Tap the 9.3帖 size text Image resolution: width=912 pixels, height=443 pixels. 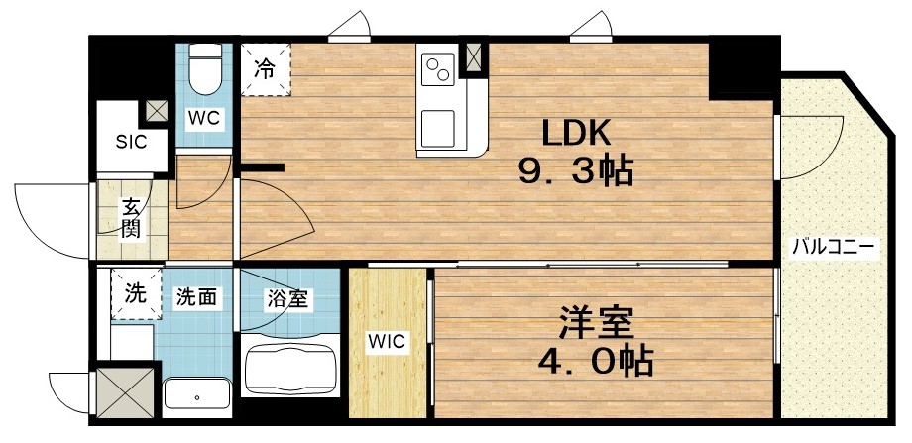pos(575,173)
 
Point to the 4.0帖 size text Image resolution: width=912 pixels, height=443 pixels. pos(596,362)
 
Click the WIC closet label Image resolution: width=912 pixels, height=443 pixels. pos(387,342)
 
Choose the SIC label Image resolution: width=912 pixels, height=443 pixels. pos(131,142)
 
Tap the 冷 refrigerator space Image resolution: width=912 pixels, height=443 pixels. pos(265,69)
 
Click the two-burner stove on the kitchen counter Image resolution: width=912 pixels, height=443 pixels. pos(437,68)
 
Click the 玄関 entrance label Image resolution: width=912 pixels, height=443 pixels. pos(131,219)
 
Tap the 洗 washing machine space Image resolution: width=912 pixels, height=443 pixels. pos(134,293)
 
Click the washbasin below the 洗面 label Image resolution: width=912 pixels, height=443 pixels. pos(197,395)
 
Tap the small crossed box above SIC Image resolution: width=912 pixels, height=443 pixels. pos(156,110)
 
